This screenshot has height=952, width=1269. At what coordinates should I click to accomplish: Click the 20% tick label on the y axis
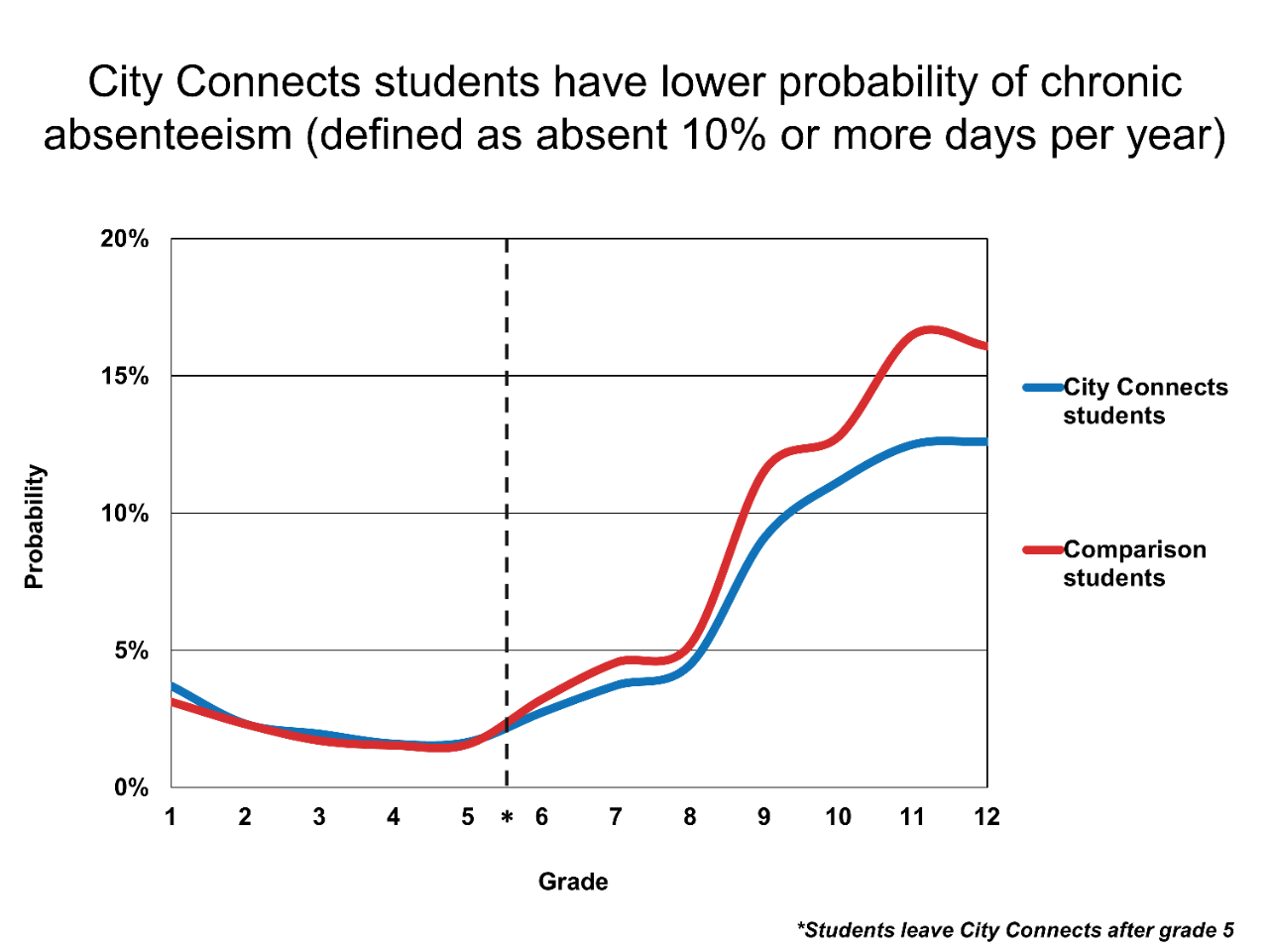coord(124,239)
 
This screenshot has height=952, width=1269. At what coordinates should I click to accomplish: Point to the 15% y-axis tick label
coord(124,377)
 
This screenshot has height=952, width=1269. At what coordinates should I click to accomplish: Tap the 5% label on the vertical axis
coord(129,652)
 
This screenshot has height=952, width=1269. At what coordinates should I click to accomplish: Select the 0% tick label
coord(130,788)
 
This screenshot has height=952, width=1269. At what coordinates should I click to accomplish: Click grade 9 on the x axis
coord(763,817)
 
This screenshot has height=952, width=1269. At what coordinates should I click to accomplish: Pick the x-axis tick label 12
coord(986,817)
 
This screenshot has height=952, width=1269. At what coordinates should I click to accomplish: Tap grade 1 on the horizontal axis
coord(171,817)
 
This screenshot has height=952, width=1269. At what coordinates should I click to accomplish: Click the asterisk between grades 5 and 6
coord(507,818)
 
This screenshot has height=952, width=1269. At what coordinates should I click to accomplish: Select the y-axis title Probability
coord(35,527)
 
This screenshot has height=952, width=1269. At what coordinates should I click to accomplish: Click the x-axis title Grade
coord(573,882)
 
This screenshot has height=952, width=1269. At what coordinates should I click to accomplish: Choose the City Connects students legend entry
coord(1145,402)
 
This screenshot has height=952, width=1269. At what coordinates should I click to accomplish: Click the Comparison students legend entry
coord(1134,564)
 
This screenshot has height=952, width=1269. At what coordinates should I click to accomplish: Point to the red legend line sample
coord(1042,549)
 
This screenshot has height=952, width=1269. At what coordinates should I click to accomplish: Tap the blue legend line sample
coord(1042,387)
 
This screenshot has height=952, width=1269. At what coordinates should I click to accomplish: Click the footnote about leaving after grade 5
coord(1015,930)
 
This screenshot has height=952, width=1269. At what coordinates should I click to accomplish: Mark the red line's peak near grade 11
coord(929,329)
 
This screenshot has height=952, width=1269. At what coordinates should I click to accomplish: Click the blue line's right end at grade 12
coord(983,441)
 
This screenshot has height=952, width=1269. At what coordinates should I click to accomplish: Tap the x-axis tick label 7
coord(616,817)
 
